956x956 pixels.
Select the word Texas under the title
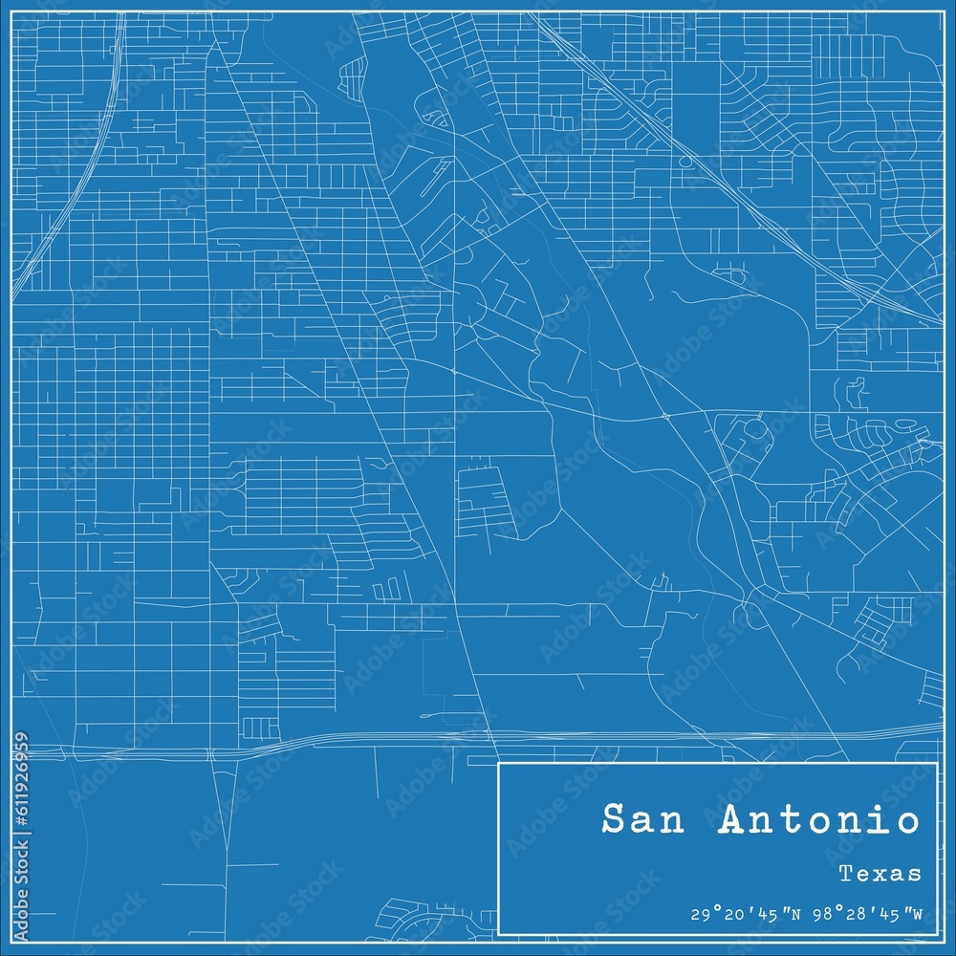coord(880,873)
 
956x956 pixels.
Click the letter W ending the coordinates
coord(916,915)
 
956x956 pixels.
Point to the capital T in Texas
coord(846,873)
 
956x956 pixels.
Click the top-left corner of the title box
coord(499,763)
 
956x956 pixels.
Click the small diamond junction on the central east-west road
coord(665,416)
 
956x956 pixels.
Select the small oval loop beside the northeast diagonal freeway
coord(685,162)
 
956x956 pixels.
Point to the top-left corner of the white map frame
coord(12,12)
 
